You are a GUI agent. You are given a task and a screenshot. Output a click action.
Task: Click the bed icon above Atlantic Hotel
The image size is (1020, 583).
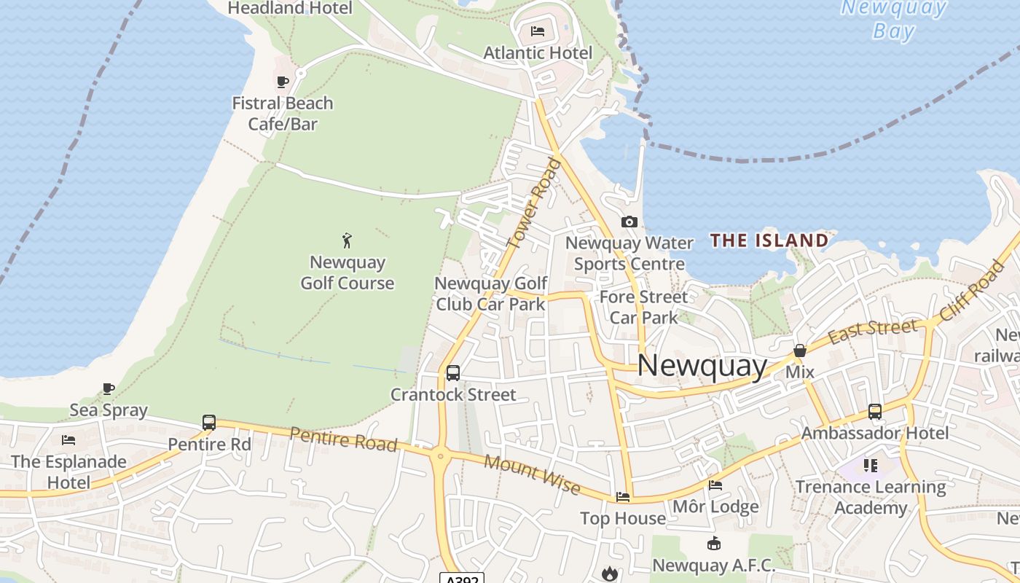tap(538, 31)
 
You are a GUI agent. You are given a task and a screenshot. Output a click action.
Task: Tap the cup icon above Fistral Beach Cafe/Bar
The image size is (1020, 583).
tap(283, 81)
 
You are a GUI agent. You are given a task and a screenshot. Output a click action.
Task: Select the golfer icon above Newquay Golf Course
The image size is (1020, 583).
tap(347, 240)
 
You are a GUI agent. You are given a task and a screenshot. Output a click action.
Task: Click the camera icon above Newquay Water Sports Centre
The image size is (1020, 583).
tap(629, 222)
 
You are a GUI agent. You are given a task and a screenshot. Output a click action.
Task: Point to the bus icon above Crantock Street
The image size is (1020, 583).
tap(452, 373)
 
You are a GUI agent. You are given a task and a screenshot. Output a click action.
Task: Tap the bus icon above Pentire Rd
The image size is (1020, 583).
tap(209, 422)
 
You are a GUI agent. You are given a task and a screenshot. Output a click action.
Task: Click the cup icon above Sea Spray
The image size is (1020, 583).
tap(109, 388)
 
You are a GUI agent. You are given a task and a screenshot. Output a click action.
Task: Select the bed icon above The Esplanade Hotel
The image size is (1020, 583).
tap(68, 439)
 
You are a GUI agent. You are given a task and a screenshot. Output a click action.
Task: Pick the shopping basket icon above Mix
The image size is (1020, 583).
tap(799, 351)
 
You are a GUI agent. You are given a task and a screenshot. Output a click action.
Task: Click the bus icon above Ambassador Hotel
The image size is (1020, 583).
tap(874, 411)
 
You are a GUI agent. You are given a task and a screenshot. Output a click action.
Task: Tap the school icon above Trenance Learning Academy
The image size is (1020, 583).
tap(870, 465)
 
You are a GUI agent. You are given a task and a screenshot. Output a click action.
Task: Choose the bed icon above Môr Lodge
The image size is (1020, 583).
tap(715, 485)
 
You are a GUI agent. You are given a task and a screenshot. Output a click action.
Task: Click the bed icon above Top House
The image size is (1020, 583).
tap(623, 496)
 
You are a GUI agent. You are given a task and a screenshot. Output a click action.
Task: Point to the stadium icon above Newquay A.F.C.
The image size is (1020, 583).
tap(714, 544)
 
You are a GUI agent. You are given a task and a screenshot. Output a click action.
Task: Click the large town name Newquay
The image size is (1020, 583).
tap(702, 366)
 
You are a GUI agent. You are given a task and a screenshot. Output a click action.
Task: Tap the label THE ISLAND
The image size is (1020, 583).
tap(769, 240)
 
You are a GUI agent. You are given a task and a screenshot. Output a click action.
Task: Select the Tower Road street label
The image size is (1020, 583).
tap(536, 204)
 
